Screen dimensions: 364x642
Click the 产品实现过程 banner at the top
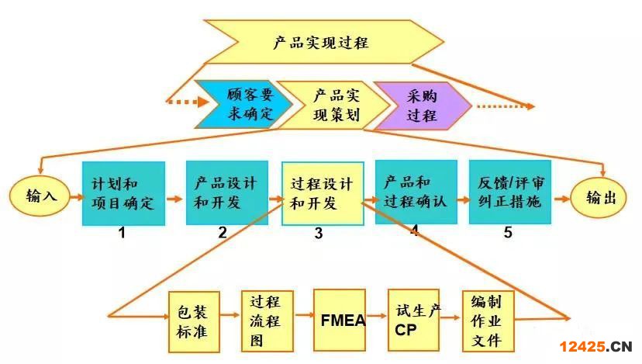point(326,41)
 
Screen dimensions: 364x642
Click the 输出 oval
point(601,197)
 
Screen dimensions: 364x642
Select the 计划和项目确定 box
point(123,193)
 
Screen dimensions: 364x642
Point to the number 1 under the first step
point(122,232)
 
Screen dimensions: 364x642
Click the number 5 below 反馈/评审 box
point(508,232)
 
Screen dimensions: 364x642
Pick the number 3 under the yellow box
point(319,233)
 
